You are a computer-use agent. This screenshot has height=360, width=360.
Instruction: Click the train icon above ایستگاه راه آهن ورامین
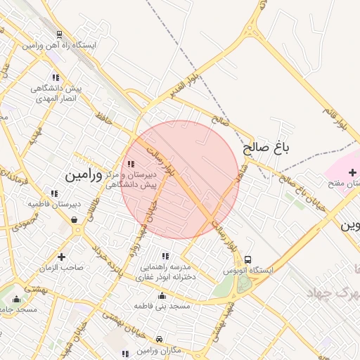pos(58,34)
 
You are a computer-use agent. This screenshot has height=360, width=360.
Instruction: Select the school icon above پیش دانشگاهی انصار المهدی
pos(56,78)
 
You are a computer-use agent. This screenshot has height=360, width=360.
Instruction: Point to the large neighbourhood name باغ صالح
pos(266,148)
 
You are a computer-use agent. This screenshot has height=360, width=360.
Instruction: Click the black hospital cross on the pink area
pos(352,172)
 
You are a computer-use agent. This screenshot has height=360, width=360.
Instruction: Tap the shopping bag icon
pos(75,220)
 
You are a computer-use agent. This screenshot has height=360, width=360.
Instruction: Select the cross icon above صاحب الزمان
pos(62,257)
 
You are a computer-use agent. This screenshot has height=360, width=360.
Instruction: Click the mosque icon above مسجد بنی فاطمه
pos(162,295)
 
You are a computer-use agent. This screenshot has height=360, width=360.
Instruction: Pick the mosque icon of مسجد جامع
pos(16,300)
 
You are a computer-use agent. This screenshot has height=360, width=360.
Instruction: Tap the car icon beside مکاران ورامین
pos(159,339)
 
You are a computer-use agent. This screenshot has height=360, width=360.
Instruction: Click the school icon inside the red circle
pos(131,164)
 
